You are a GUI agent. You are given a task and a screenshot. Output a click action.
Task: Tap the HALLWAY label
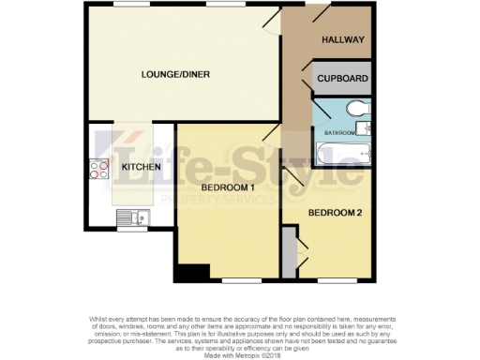point(342,41)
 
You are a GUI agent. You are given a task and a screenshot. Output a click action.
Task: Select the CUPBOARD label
point(342,80)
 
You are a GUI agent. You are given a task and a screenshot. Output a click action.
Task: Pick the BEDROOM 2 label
point(336,212)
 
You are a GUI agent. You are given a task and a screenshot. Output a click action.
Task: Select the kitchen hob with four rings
point(97,169)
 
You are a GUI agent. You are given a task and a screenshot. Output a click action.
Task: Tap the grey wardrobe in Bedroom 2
point(290,254)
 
